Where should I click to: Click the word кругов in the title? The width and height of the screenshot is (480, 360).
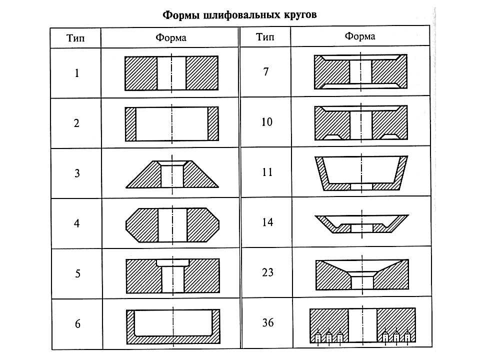click(298, 15)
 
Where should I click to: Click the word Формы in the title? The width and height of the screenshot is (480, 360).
click(181, 15)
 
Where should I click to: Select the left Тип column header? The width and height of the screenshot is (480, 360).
click(75, 38)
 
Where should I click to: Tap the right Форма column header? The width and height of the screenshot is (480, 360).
click(359, 36)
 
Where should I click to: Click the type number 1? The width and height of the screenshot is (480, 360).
click(77, 73)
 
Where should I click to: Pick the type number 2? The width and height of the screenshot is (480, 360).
click(76, 123)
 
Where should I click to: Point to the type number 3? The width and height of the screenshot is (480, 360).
click(77, 173)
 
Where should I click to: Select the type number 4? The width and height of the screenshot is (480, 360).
click(77, 223)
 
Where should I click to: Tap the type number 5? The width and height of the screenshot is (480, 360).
click(78, 273)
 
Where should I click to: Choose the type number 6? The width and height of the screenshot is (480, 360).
click(78, 324)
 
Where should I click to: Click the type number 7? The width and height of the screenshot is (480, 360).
click(266, 72)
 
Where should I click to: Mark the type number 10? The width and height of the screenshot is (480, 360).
click(267, 122)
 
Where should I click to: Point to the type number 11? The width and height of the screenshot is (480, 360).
click(267, 172)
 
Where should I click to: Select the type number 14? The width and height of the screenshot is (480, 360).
click(267, 222)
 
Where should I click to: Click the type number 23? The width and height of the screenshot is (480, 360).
click(267, 272)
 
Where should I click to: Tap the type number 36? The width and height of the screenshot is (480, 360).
click(268, 322)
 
